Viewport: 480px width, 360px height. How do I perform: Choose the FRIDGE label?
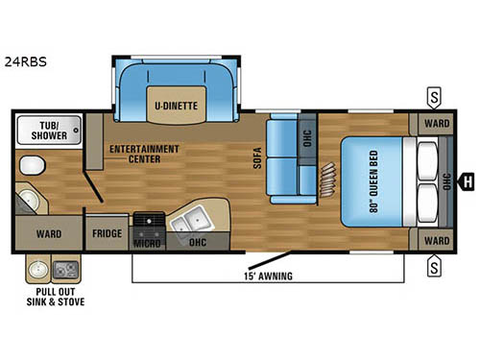[107, 233]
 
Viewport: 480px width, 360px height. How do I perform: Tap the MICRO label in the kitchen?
[146, 244]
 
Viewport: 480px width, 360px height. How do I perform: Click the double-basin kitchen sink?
[186, 224]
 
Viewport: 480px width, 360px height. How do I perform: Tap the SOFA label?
[257, 157]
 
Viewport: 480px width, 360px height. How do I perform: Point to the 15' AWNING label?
[268, 276]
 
